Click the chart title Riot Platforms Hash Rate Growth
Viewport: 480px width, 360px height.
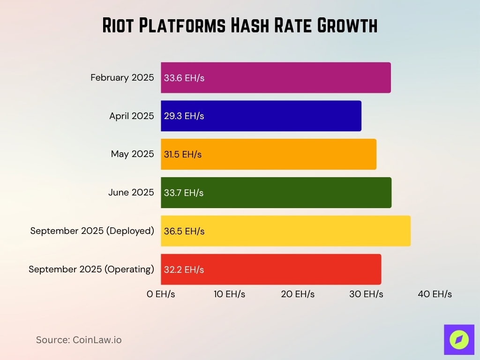click(x=240, y=26)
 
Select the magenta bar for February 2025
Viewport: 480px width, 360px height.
click(x=291, y=78)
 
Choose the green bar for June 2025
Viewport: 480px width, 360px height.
click(x=291, y=193)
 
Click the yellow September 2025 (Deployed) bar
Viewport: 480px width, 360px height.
click(x=300, y=231)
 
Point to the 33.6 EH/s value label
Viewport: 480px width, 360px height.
click(x=184, y=78)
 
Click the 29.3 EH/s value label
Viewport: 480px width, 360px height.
click(x=184, y=116)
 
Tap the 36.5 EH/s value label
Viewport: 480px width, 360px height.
click(x=184, y=231)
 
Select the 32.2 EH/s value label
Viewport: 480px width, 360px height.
click(x=184, y=270)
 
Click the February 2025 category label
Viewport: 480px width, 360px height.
click(x=122, y=78)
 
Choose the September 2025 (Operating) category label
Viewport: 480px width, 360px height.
click(x=91, y=270)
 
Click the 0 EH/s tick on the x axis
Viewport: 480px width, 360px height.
click(x=161, y=294)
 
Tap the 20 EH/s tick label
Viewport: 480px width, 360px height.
click(x=298, y=294)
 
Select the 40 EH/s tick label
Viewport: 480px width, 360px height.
click(x=435, y=294)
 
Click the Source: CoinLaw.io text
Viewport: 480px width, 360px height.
click(x=79, y=340)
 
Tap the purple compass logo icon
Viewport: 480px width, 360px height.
click(x=459, y=339)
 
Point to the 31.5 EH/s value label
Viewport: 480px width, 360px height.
click(x=183, y=155)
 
